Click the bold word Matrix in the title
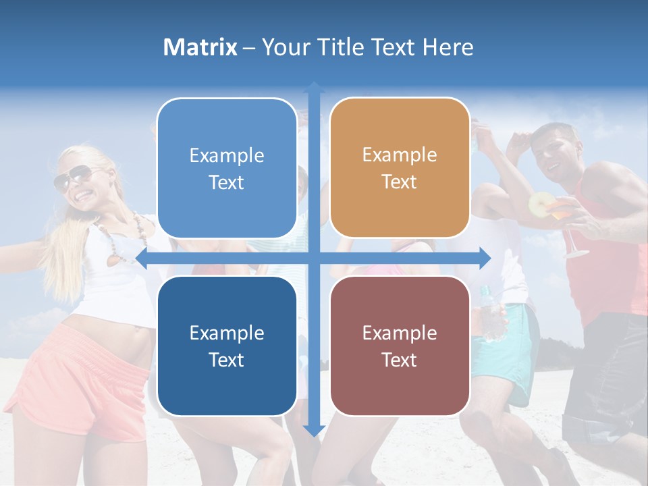200,47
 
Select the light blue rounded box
227,168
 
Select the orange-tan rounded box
400,168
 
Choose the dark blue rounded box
227,346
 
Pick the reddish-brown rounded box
400,346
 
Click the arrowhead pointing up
314,88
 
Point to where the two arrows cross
314,258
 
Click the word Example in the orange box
400,155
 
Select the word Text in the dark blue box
227,360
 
